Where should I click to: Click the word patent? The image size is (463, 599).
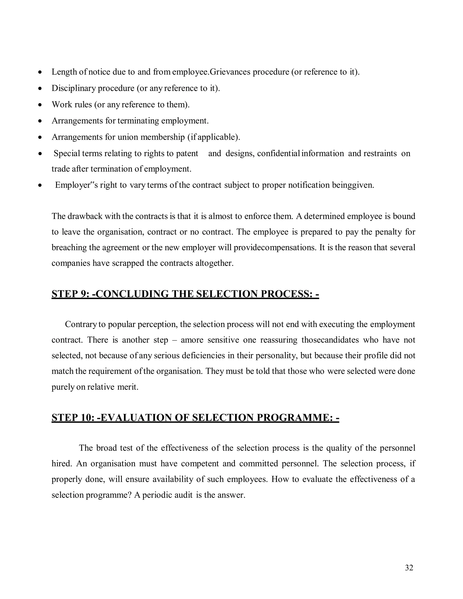click(x=187, y=153)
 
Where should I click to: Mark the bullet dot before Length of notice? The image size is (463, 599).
click(x=40, y=72)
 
